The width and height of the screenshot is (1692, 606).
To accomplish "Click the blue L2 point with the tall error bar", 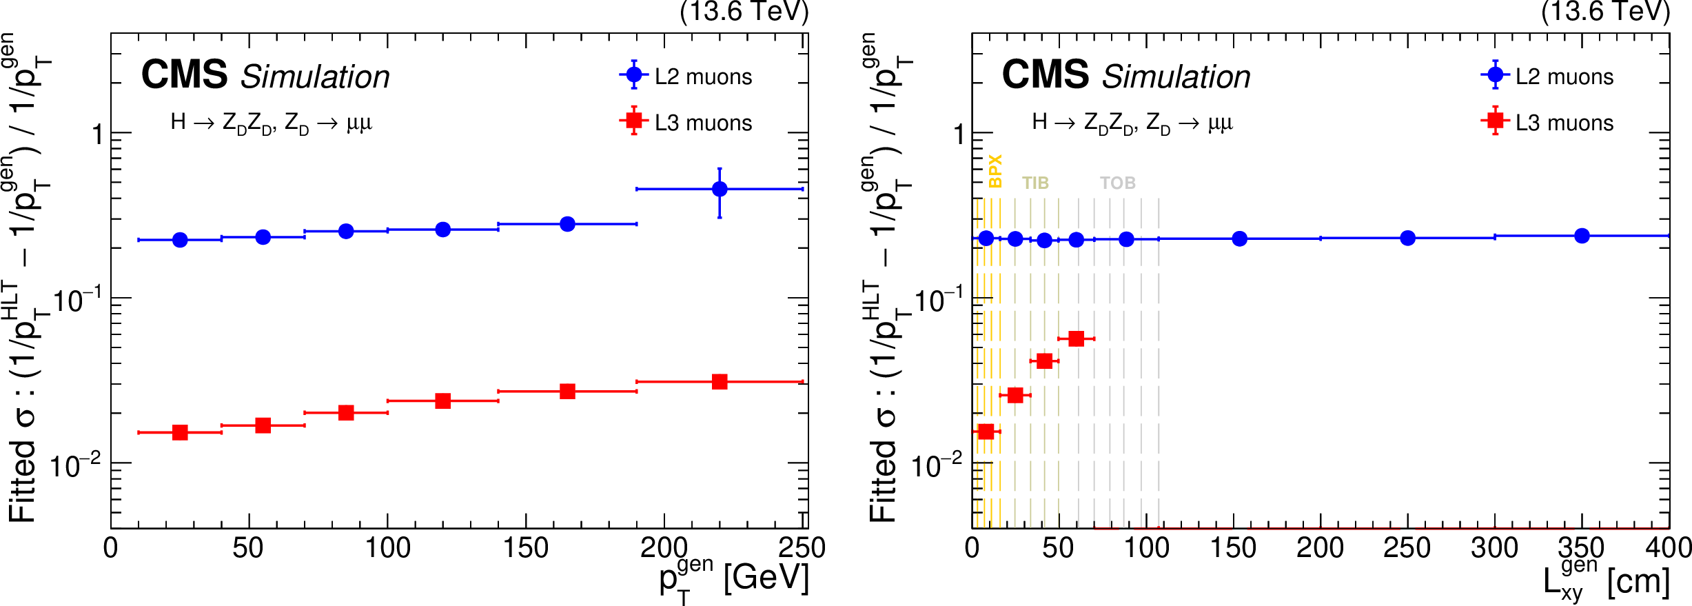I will (x=720, y=189).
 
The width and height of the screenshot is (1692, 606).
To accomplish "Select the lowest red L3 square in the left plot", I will (x=180, y=432).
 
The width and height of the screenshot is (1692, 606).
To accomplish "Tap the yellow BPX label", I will (x=995, y=171).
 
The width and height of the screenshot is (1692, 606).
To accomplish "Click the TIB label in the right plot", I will (x=1035, y=183).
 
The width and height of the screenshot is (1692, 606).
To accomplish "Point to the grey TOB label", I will (x=1117, y=183).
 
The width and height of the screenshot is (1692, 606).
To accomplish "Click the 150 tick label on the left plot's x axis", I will (x=525, y=549).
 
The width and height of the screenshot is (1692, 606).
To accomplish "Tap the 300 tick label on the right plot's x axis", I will (x=1494, y=549).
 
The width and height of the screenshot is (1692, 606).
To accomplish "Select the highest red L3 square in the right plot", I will (x=1076, y=339).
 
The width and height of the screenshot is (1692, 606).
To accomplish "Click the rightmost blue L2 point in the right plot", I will (x=1582, y=236).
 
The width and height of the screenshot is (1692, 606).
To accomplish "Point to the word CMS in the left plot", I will (x=184, y=74).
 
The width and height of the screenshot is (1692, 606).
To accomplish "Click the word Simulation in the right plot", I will (x=1176, y=77).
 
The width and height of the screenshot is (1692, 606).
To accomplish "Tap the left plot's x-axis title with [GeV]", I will (x=733, y=579).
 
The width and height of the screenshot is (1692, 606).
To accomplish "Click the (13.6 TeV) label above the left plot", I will (x=744, y=12).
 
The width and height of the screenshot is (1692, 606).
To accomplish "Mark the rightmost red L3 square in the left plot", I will (x=720, y=381).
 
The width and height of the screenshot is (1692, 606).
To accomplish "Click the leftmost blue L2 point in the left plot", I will (x=180, y=240).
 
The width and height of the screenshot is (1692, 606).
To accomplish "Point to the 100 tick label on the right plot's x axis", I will (x=1145, y=549).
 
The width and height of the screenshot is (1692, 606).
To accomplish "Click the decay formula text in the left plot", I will (x=271, y=123).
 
